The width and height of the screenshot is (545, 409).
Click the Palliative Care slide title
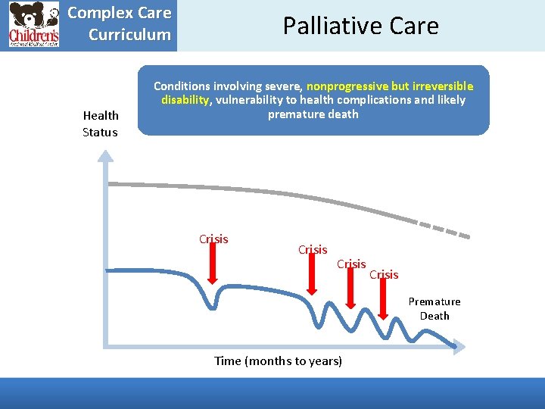(360, 26)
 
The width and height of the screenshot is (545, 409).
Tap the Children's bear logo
(34, 25)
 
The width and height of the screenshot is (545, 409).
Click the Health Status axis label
(101, 123)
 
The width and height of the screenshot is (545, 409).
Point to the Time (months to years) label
(278, 361)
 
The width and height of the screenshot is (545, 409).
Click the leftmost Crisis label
(213, 239)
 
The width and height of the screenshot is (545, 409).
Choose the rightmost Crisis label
(384, 275)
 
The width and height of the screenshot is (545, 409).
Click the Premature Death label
(434, 308)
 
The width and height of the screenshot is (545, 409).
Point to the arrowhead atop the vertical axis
(107, 157)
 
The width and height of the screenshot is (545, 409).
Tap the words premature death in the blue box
(313, 114)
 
